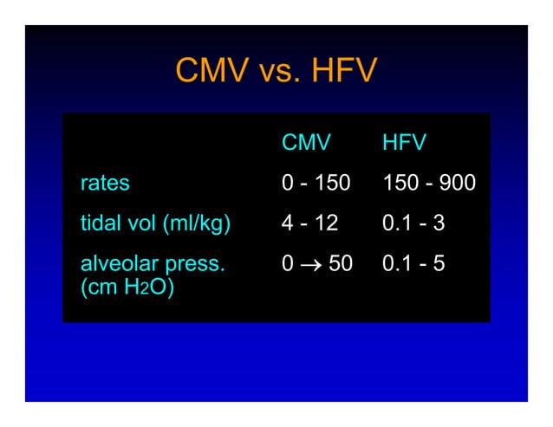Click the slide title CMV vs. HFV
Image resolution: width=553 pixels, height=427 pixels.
(x=276, y=71)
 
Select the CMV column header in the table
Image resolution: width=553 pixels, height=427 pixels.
(x=306, y=142)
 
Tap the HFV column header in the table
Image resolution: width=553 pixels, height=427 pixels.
(x=404, y=142)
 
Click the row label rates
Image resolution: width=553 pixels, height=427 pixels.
(x=105, y=184)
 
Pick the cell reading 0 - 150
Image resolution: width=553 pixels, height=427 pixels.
(x=316, y=184)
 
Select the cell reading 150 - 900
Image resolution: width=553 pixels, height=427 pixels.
(x=428, y=184)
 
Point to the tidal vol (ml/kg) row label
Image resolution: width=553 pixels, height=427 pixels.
(x=155, y=223)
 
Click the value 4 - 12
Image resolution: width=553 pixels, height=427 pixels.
(x=309, y=223)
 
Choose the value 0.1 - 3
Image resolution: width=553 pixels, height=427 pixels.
(x=413, y=223)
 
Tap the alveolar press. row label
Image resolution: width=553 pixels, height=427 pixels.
(x=152, y=263)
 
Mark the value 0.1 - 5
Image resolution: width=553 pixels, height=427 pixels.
(x=413, y=263)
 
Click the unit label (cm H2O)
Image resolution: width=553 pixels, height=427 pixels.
(x=127, y=288)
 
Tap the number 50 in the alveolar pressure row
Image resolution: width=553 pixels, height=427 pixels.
(x=340, y=263)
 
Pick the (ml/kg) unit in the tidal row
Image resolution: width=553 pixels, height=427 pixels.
(x=197, y=223)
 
